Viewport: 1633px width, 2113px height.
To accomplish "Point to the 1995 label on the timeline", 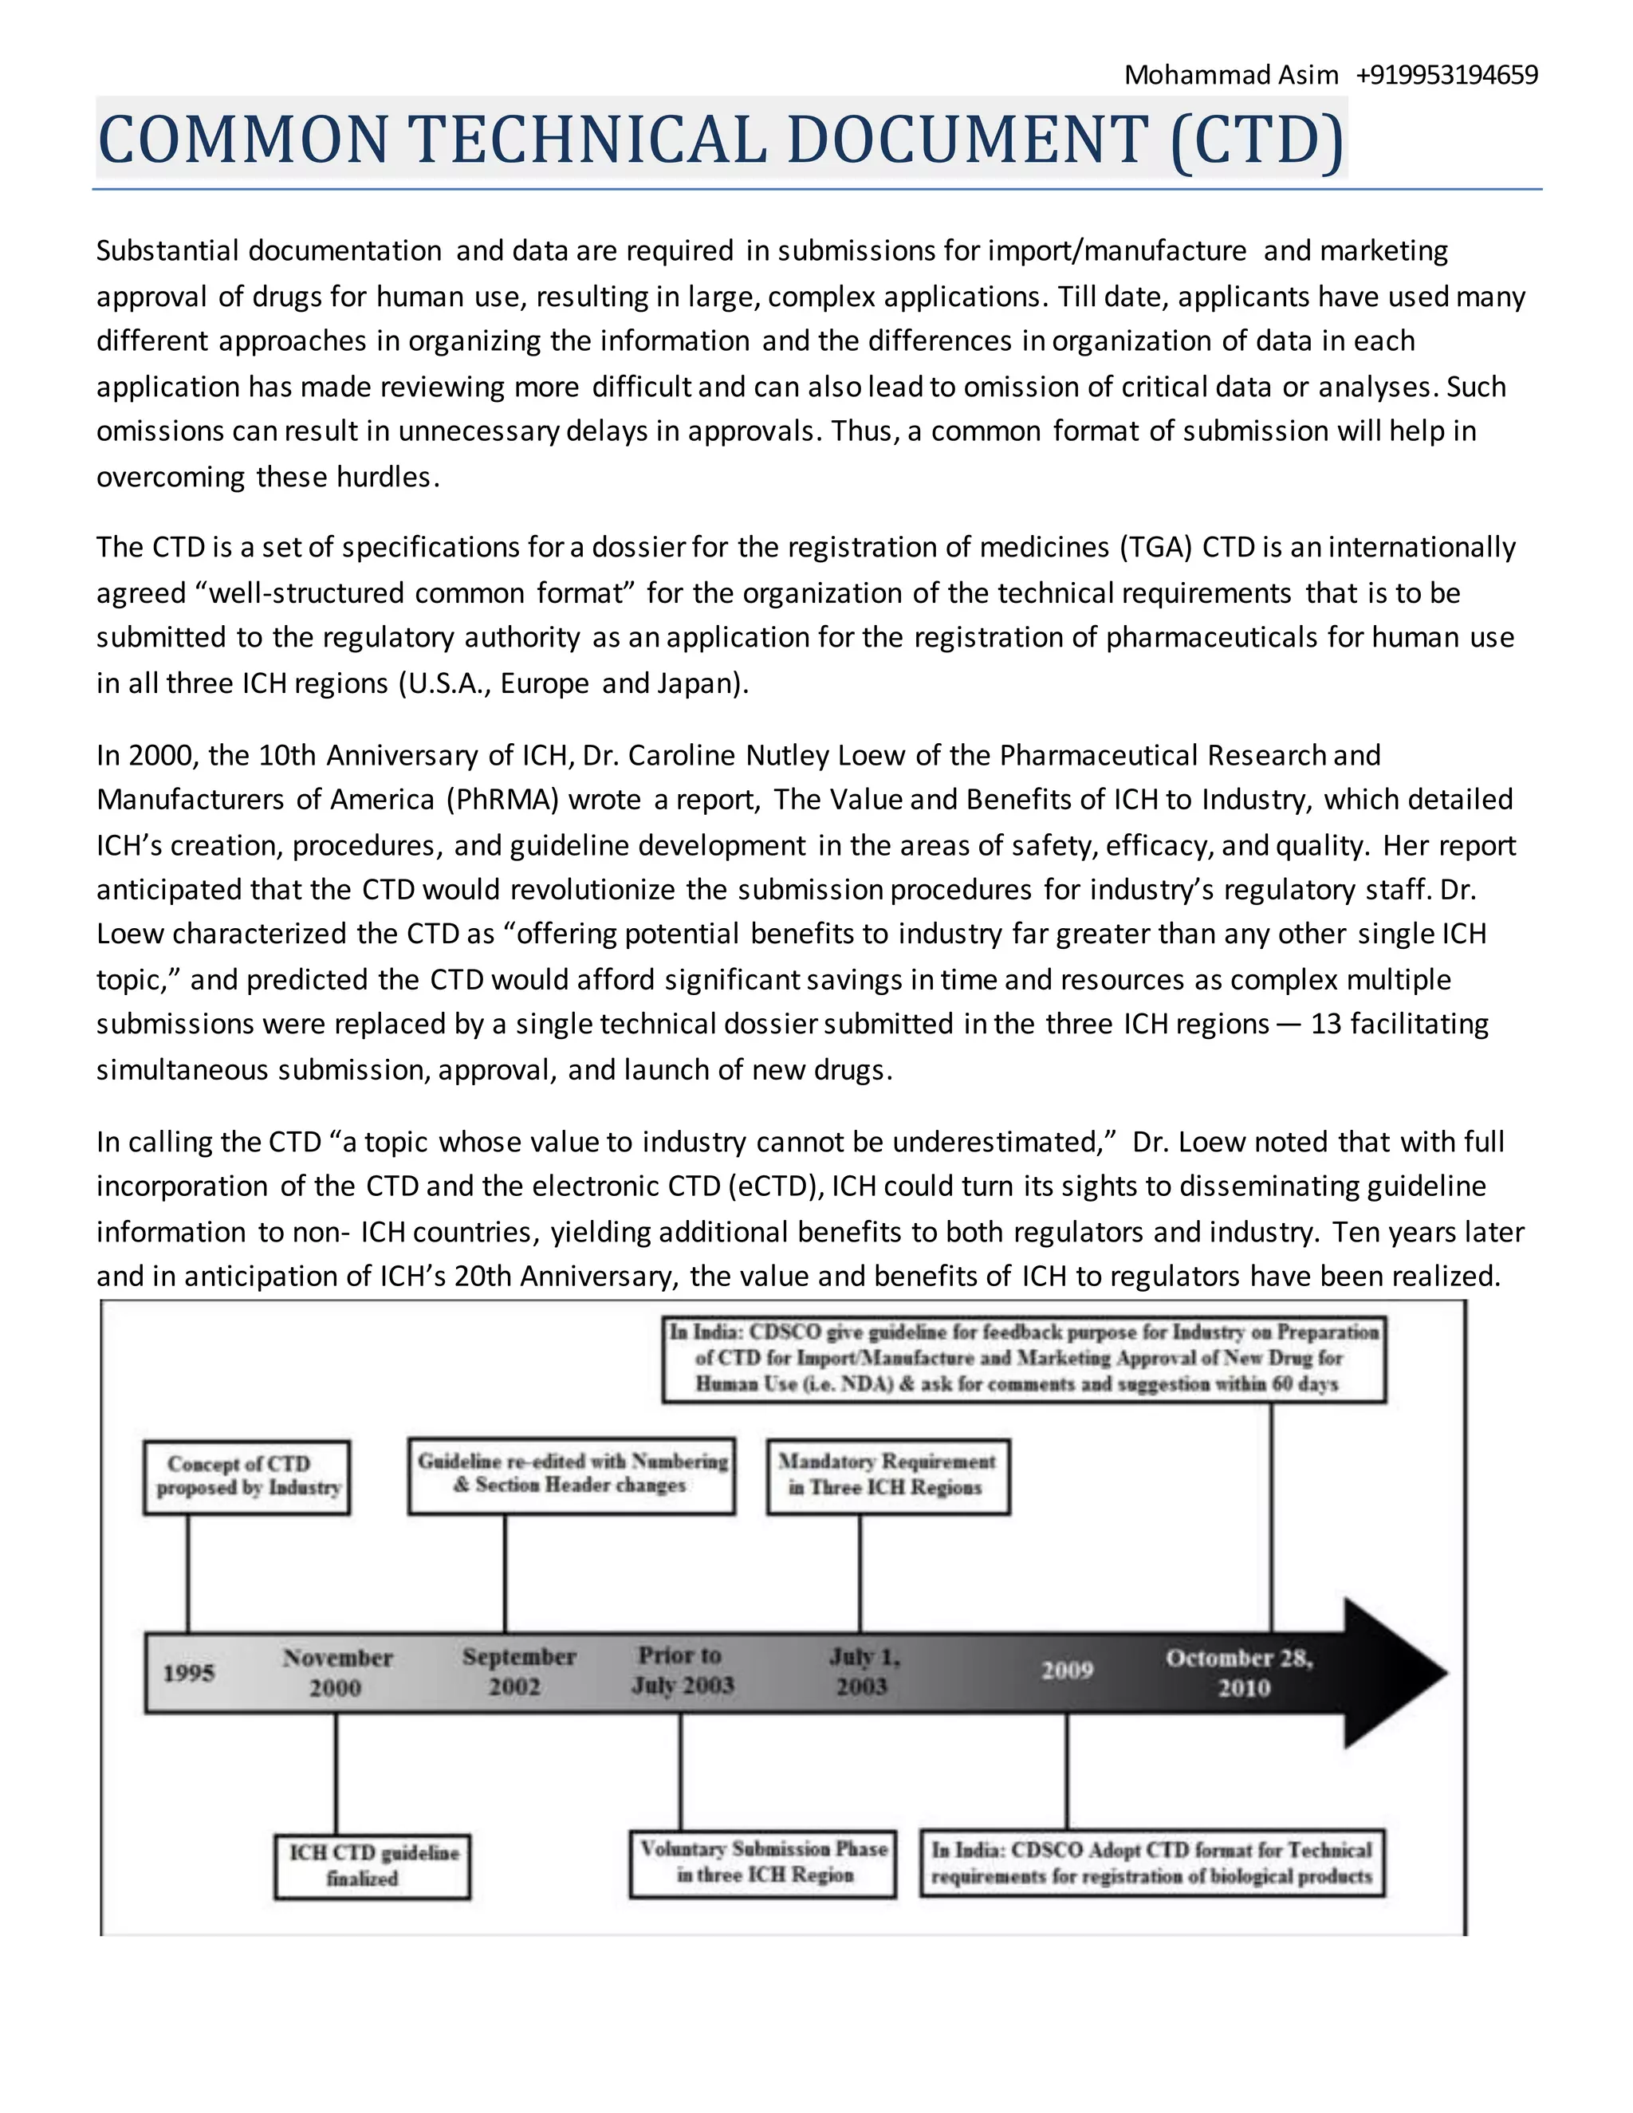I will [x=189, y=1673].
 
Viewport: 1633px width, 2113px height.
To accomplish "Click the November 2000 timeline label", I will [x=336, y=1672].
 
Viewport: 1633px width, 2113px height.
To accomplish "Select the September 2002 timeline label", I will [x=517, y=1670].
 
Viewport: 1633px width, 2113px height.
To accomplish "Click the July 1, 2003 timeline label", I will [x=863, y=1670].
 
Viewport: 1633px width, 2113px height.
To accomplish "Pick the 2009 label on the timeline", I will [x=1067, y=1670].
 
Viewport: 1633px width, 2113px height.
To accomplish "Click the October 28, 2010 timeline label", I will [x=1240, y=1672].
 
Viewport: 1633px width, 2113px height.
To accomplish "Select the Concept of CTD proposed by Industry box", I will [x=246, y=1477].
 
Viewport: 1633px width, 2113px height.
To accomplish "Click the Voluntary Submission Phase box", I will [x=762, y=1863].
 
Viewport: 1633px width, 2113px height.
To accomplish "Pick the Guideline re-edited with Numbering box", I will [x=571, y=1474].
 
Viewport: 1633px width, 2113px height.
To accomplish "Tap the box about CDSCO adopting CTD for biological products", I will [x=1151, y=1863].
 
